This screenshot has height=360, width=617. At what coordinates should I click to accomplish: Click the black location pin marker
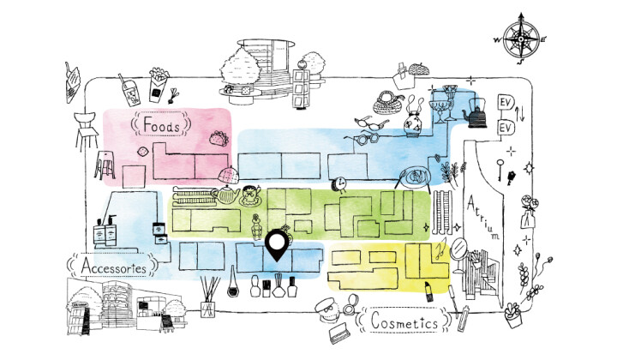coord(276,246)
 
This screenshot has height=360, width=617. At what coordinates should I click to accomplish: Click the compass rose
coord(520,39)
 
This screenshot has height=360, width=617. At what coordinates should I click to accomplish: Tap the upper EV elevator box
coord(506,105)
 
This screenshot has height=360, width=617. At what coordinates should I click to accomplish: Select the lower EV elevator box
coord(506,128)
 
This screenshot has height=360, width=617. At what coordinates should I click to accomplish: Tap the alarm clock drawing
coord(341,183)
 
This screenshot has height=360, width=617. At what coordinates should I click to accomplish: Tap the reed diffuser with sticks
coord(207,296)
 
